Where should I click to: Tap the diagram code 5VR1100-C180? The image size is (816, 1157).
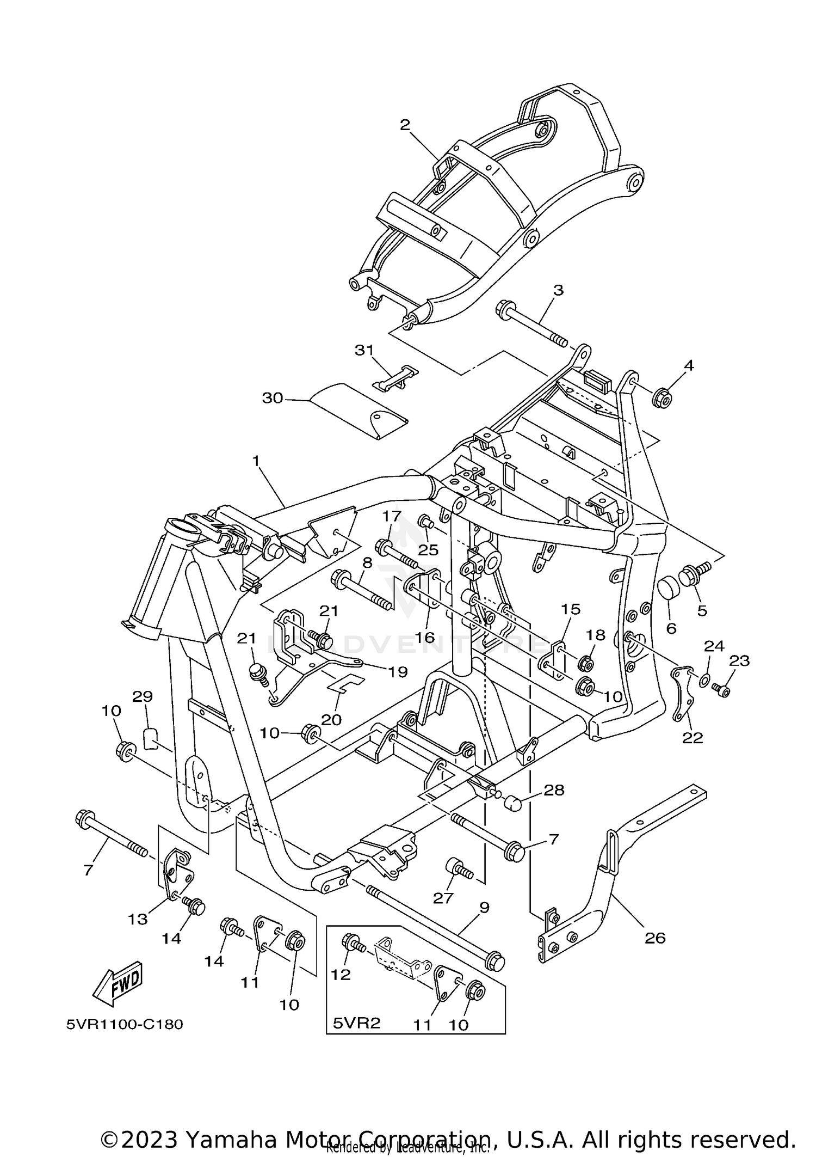pyautogui.click(x=125, y=1024)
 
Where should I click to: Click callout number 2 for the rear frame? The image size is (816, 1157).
pyautogui.click(x=404, y=125)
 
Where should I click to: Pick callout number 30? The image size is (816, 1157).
pyautogui.click(x=273, y=399)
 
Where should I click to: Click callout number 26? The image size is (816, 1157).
pyautogui.click(x=654, y=938)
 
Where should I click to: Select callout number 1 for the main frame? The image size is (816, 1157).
pyautogui.click(x=256, y=461)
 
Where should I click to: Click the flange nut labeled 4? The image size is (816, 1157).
pyautogui.click(x=662, y=399)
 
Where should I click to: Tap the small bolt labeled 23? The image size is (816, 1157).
pyautogui.click(x=722, y=690)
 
